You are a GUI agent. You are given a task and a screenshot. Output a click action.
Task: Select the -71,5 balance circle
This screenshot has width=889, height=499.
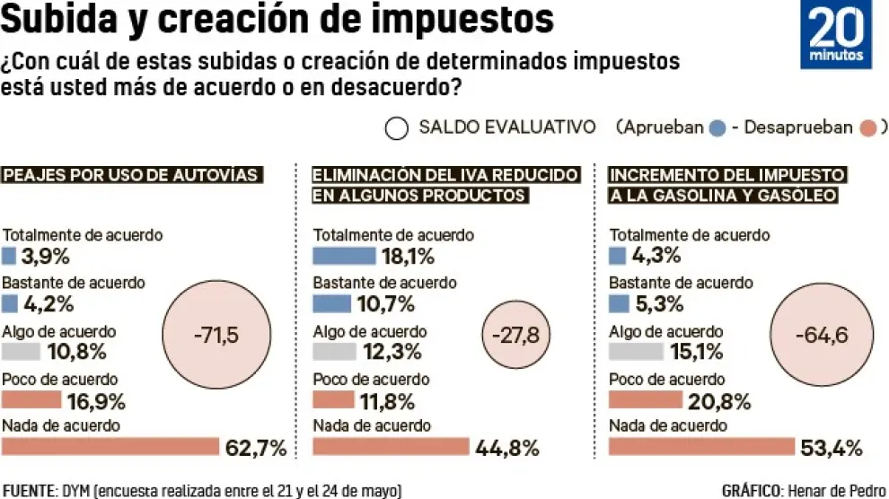(216, 336)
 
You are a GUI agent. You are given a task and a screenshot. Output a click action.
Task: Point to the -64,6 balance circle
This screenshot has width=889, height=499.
(822, 337)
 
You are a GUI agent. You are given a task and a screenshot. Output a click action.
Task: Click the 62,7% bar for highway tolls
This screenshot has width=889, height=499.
(111, 446)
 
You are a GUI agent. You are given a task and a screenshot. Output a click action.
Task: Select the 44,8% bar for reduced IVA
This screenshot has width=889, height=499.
(391, 446)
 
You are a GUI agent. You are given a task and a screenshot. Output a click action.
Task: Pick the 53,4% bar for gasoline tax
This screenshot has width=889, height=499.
(701, 446)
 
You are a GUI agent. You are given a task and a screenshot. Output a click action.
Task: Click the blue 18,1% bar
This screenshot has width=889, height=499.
(344, 257)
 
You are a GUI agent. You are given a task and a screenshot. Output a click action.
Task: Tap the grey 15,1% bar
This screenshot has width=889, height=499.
(635, 352)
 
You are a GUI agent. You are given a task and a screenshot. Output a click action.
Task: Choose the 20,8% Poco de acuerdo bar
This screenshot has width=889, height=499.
(645, 399)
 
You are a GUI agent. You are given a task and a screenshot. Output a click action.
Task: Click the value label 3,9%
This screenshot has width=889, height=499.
(46, 257)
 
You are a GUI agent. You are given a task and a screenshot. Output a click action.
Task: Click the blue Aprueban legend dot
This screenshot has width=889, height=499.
(717, 128)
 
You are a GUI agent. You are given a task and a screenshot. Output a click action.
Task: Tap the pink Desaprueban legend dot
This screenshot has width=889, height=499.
(867, 128)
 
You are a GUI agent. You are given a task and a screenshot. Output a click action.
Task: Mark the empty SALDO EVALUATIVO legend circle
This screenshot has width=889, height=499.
(396, 128)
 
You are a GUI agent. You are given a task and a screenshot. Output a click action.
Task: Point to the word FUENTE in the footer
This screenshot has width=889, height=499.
(30, 490)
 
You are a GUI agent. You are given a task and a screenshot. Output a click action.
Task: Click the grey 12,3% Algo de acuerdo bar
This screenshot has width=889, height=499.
(334, 352)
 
